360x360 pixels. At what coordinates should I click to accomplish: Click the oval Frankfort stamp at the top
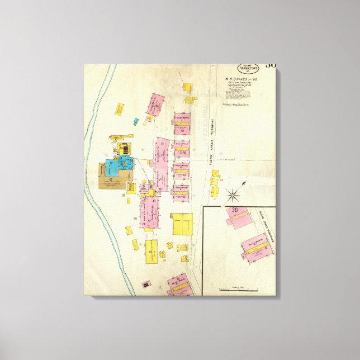(250, 69)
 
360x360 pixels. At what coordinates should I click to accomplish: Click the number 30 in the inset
(235, 210)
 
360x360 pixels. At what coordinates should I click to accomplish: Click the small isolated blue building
(136, 121)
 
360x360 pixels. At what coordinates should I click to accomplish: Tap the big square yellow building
(181, 224)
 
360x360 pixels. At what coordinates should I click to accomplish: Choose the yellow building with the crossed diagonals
(129, 230)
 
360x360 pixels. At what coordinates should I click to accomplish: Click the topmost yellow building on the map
(187, 87)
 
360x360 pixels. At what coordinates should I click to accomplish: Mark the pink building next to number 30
(236, 219)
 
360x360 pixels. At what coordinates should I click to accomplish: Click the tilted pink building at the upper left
(154, 105)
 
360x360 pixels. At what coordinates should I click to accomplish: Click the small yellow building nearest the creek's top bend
(119, 108)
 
